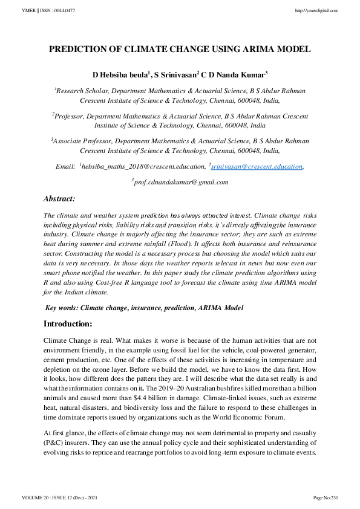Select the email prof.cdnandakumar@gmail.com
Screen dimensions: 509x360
[181, 182]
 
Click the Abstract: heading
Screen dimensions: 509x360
[59, 198]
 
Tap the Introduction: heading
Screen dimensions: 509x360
[68, 323]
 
